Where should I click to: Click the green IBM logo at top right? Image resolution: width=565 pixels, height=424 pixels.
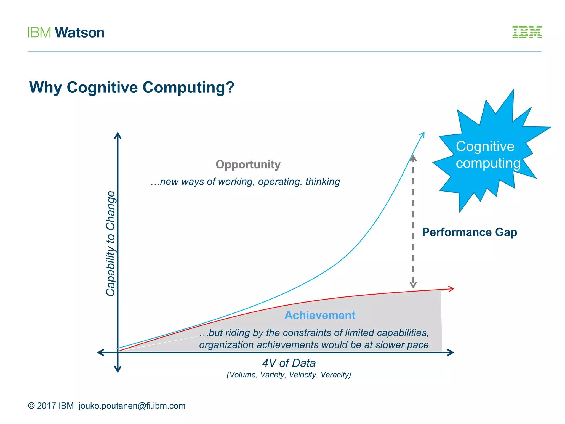527,32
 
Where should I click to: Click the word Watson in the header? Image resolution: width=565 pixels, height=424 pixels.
80,33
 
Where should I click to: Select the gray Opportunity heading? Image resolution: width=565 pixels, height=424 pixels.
248,165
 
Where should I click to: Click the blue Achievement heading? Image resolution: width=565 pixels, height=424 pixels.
320,315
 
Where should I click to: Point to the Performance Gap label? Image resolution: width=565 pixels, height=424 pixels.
470,232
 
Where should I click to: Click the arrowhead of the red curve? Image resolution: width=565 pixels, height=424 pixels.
451,289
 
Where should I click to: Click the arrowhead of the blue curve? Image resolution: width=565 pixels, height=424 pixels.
422,134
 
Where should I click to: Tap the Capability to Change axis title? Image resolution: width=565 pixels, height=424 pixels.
111,243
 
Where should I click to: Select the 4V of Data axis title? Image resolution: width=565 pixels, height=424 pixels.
289,363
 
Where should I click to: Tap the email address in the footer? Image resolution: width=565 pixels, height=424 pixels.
132,406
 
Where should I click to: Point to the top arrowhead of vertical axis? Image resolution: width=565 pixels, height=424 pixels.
118,135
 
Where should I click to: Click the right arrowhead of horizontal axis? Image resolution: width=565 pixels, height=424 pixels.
451,353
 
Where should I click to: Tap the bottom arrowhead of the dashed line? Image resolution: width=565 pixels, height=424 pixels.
413,285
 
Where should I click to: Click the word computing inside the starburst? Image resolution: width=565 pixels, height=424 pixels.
488,163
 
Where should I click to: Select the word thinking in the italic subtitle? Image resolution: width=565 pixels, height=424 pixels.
323,182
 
